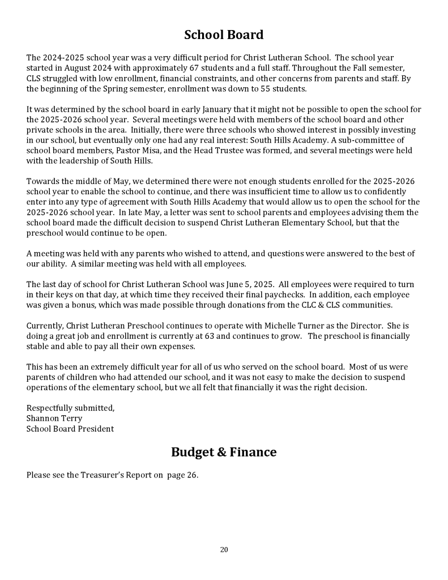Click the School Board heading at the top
224,35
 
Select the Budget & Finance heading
224,452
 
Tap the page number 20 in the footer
224,549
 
